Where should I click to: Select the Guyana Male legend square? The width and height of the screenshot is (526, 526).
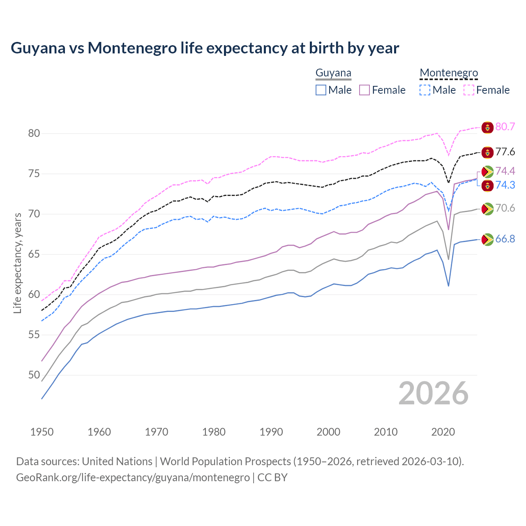click(321, 90)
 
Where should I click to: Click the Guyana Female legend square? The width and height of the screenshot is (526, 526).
click(365, 90)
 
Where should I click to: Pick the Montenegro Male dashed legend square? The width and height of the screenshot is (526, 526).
click(425, 90)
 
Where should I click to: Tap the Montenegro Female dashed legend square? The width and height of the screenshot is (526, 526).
click(469, 90)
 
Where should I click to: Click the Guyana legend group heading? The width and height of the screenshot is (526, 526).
click(333, 73)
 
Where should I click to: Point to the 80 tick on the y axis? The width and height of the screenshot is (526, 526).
click(34, 134)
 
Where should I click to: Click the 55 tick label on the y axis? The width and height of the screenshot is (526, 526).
click(34, 335)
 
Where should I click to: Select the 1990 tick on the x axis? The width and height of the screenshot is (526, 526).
click(271, 432)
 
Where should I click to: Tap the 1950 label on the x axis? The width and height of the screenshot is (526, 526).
click(42, 432)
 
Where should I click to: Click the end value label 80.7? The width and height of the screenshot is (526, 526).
click(505, 127)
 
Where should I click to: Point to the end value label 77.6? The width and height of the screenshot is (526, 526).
click(505, 152)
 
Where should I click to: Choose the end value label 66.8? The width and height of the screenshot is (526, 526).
click(505, 239)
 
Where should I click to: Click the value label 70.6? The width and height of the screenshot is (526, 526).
click(505, 208)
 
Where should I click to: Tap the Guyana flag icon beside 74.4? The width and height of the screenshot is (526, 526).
click(487, 172)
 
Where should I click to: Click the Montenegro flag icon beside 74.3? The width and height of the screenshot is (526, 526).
click(487, 185)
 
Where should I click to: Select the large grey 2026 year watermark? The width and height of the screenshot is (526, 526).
click(434, 393)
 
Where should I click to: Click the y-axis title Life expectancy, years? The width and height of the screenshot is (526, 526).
click(17, 263)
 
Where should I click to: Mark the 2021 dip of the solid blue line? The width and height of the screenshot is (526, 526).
click(448, 286)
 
